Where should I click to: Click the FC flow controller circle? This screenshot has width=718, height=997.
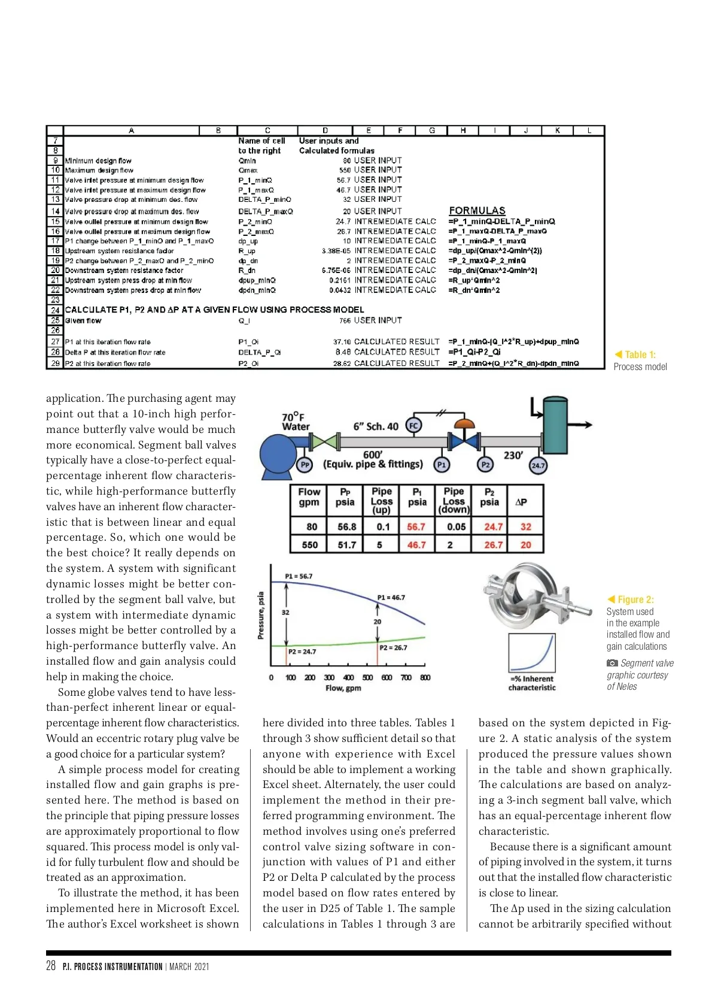tap(413, 425)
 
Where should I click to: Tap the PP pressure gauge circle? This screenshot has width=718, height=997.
tap(305, 464)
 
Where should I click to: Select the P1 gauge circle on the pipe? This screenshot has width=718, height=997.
tap(442, 464)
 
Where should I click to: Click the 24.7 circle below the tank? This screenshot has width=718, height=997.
tap(538, 465)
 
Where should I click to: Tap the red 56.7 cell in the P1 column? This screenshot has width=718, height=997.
tap(416, 527)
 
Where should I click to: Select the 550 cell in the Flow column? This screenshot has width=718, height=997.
tap(309, 545)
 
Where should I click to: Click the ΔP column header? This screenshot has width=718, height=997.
tap(521, 502)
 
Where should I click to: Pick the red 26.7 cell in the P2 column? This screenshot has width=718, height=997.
tap(493, 545)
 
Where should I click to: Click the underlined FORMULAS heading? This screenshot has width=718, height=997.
tap(477, 211)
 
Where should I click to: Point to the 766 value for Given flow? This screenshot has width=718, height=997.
tap(345, 321)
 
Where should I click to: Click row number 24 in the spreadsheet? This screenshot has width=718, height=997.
tap(55, 310)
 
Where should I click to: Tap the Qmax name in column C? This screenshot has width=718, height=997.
tap(248, 171)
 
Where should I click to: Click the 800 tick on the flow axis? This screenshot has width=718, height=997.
tap(425, 678)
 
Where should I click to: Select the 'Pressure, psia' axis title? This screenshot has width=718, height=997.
tap(261, 616)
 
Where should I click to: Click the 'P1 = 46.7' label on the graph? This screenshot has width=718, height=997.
tap(391, 597)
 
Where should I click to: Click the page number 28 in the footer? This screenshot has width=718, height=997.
tap(51, 965)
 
